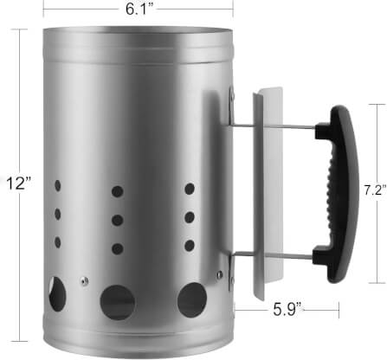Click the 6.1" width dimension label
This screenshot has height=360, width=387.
(x=139, y=9)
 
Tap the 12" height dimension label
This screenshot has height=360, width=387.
(x=19, y=183)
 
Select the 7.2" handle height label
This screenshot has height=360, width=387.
(x=375, y=190)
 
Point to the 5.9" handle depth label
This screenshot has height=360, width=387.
(x=287, y=310)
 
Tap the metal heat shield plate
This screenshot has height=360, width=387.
(x=268, y=193)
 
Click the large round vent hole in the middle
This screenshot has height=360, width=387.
(x=118, y=302)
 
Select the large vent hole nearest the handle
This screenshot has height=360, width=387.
(x=192, y=299)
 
